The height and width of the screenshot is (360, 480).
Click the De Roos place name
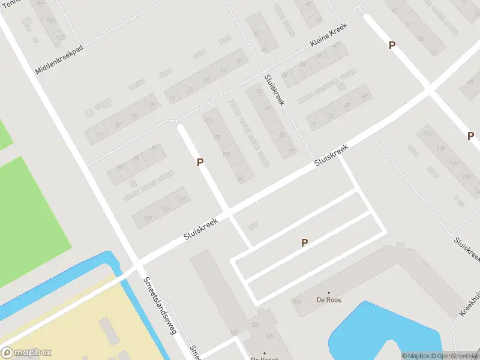click(x=329, y=300)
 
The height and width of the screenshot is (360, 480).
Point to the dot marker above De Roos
click(x=329, y=292)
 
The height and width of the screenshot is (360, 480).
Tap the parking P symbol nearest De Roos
click(x=304, y=242)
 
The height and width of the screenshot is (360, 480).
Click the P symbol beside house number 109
click(x=200, y=162)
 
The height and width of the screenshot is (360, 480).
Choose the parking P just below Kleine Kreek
click(x=392, y=45)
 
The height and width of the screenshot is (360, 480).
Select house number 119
click(x=148, y=218)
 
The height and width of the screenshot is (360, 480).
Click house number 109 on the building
click(x=208, y=121)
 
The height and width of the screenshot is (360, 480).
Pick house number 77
click(x=313, y=125)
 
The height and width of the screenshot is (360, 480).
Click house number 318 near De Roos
click(x=296, y=301)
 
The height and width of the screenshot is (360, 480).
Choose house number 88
click(x=119, y=167)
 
